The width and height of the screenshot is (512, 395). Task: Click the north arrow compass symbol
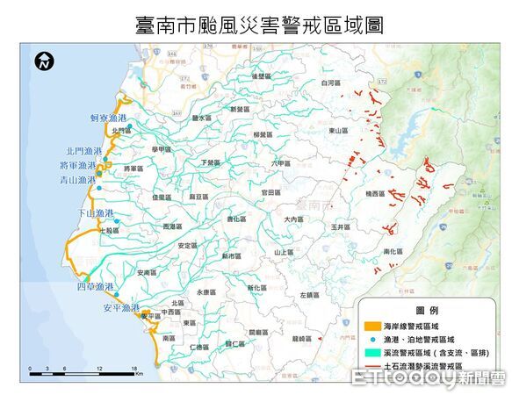[44, 62]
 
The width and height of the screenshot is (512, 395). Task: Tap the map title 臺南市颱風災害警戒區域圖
[259, 25]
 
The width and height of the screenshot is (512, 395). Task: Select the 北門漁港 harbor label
[83, 152]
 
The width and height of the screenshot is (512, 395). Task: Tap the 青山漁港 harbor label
[76, 180]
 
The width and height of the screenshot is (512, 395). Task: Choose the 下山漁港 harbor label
[96, 213]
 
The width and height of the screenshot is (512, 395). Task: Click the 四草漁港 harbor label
[96, 287]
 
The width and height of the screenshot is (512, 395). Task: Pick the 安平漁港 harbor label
[121, 308]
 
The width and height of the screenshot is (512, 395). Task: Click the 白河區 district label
[329, 83]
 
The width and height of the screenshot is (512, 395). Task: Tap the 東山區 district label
[340, 131]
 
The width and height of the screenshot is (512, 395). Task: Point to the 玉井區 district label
[342, 226]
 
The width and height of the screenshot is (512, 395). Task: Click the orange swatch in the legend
[369, 326]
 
